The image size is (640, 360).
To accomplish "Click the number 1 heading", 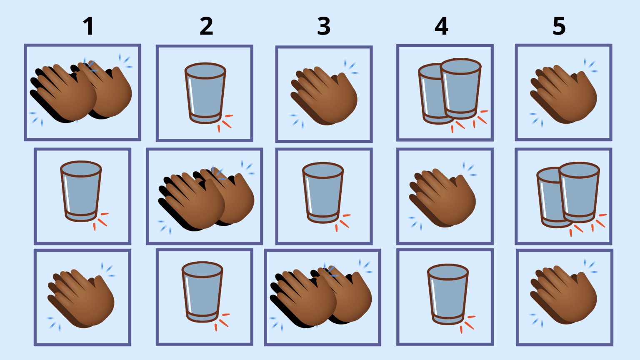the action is tap(89, 26).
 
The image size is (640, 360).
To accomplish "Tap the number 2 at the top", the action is tap(206, 26).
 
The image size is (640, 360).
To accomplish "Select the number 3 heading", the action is tap(324, 26).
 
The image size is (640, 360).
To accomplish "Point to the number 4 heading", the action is tap(441, 26).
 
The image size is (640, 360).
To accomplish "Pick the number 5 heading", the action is tap(559, 26).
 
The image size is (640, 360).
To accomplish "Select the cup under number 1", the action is tap(81, 191).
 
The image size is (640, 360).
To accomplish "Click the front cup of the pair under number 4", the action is tap(460, 89).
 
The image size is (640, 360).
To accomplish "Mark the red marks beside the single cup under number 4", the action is tap(468, 324).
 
